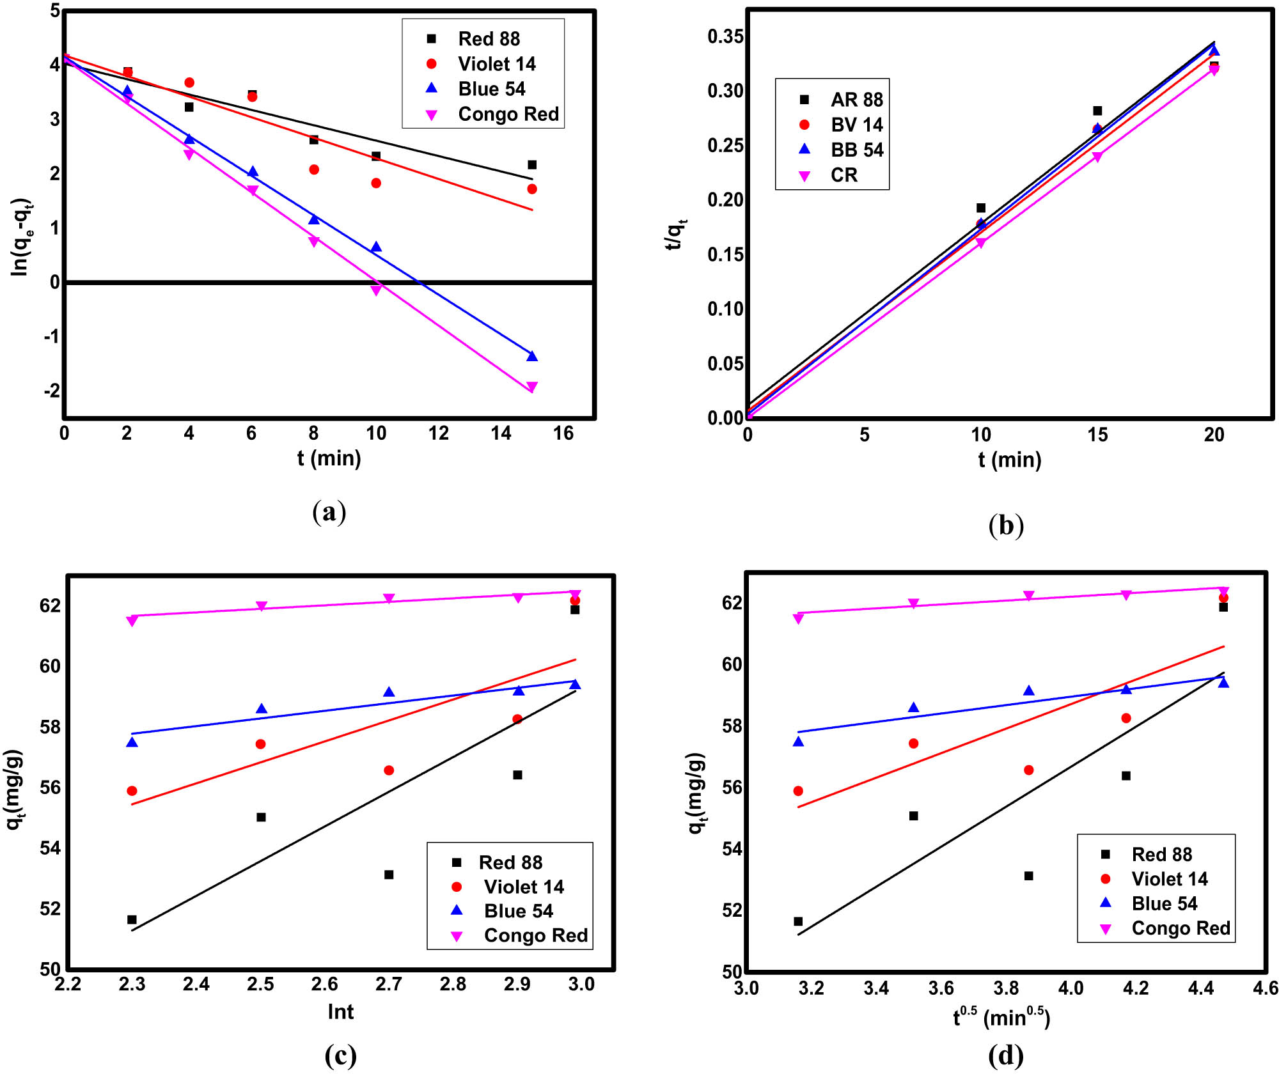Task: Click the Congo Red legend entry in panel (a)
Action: (x=508, y=114)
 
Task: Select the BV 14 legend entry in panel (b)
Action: (x=856, y=125)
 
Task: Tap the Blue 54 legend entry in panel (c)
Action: (x=518, y=911)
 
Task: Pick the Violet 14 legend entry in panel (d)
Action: (x=1169, y=879)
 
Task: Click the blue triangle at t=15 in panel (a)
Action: (x=532, y=356)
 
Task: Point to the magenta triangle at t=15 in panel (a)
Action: (x=532, y=387)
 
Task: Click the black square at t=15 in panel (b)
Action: (x=1097, y=111)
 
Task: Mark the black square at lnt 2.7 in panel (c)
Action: (x=389, y=875)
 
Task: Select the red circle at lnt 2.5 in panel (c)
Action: (x=260, y=744)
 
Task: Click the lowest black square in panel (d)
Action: (x=798, y=921)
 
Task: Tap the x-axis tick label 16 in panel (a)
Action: (x=563, y=433)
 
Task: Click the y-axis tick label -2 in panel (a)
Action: (x=52, y=391)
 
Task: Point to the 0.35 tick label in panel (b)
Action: (x=725, y=36)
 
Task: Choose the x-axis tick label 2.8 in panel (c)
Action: (x=453, y=984)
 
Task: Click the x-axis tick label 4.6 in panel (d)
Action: (x=1265, y=988)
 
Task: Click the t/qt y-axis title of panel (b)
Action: (x=675, y=233)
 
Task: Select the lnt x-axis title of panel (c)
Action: (x=340, y=1012)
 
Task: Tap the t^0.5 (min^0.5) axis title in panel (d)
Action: (x=1001, y=1017)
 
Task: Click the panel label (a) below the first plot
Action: (x=329, y=512)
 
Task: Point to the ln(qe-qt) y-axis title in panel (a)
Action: (x=21, y=237)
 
